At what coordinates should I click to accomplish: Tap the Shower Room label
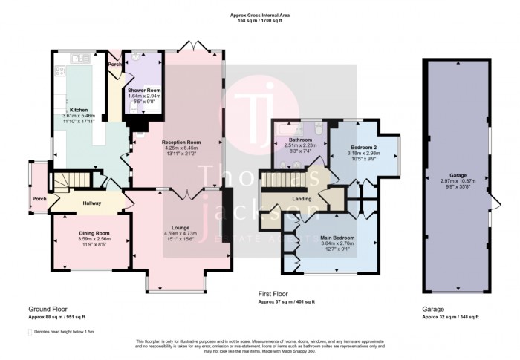[x=144, y=91]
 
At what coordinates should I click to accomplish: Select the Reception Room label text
[x=182, y=142]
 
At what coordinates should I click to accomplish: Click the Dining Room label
[x=94, y=233]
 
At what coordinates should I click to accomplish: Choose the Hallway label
[x=91, y=203]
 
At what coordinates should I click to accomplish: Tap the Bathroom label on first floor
[x=300, y=140]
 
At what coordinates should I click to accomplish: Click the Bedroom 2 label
[x=365, y=147]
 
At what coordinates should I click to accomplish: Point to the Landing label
[x=301, y=197]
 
